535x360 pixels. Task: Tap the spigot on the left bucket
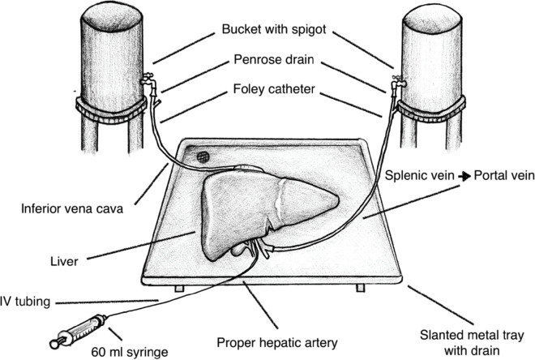(x=148, y=80)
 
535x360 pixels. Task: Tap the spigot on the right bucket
(x=397, y=80)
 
